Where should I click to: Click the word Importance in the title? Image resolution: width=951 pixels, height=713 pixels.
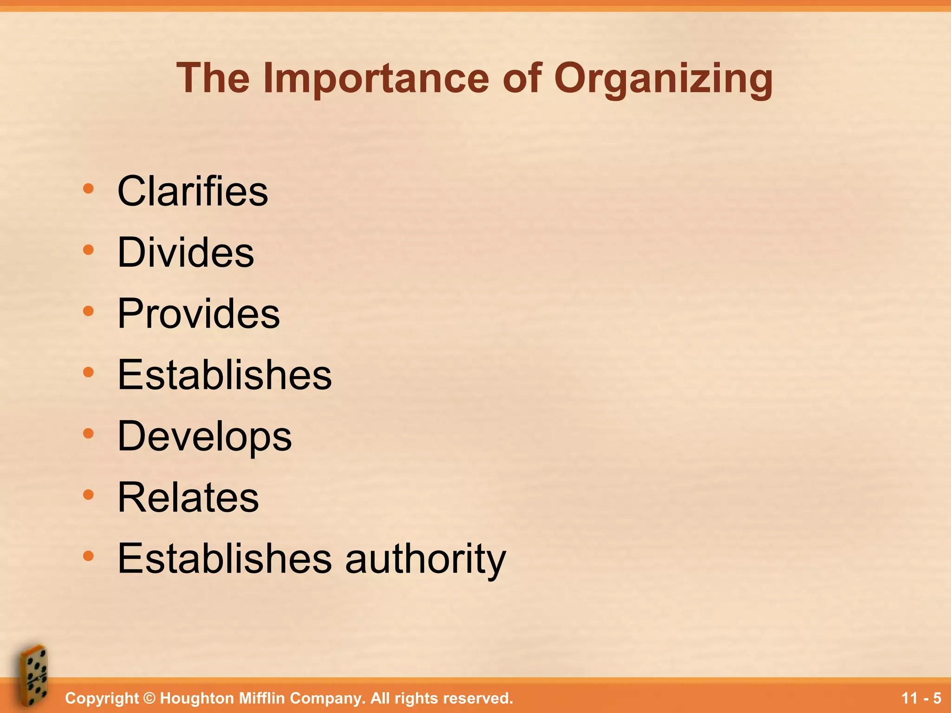376,79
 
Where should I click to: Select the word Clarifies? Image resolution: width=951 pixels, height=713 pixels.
193,191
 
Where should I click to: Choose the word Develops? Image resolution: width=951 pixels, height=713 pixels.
204,436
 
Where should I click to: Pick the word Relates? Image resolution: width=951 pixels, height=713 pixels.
188,497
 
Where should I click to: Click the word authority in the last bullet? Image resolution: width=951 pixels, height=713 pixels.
425,558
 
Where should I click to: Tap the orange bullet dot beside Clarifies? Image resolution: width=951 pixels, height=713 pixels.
88,188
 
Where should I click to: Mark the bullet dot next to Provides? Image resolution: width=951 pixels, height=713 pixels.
88,311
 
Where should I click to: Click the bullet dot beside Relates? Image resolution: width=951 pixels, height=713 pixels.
88,495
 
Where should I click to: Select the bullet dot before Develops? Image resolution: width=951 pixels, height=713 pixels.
88,434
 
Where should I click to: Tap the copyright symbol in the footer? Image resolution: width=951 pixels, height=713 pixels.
149,698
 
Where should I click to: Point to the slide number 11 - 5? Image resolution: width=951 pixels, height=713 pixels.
921,698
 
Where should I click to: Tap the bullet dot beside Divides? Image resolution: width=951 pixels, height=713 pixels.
88,250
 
